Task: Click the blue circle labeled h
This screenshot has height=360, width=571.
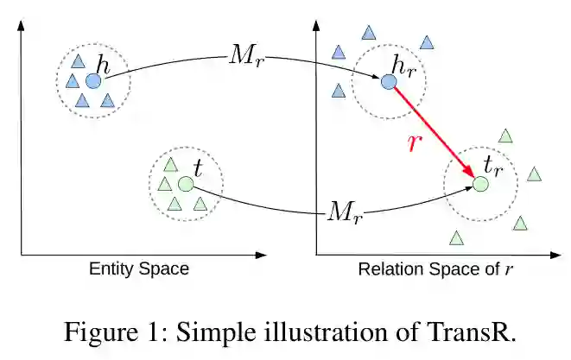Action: tap(93, 80)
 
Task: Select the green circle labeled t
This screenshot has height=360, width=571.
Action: tap(185, 183)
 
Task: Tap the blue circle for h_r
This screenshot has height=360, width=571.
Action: tap(389, 81)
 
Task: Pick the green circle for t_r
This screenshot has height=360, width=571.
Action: tap(481, 183)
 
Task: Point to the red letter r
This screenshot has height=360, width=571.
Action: tap(416, 142)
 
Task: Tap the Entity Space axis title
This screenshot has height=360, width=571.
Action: tap(139, 268)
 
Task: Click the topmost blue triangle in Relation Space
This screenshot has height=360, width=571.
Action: tap(369, 33)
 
